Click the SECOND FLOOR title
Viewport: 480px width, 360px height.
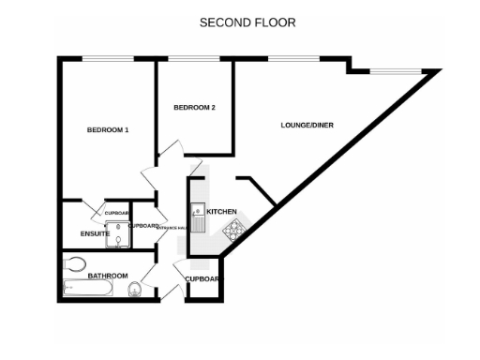point(239,21)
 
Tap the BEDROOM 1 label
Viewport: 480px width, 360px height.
point(108,129)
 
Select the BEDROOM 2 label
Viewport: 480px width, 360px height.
point(195,108)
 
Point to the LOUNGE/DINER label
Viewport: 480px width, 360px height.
point(307,125)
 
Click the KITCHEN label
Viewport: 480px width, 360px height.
point(221,211)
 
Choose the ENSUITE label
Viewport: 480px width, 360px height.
point(96,233)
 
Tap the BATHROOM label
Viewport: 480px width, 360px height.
point(108,276)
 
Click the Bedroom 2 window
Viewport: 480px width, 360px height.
point(195,60)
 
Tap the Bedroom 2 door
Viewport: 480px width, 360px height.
point(169,148)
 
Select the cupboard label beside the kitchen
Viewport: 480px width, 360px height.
point(202,279)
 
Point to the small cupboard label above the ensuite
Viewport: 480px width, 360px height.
point(116,213)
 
